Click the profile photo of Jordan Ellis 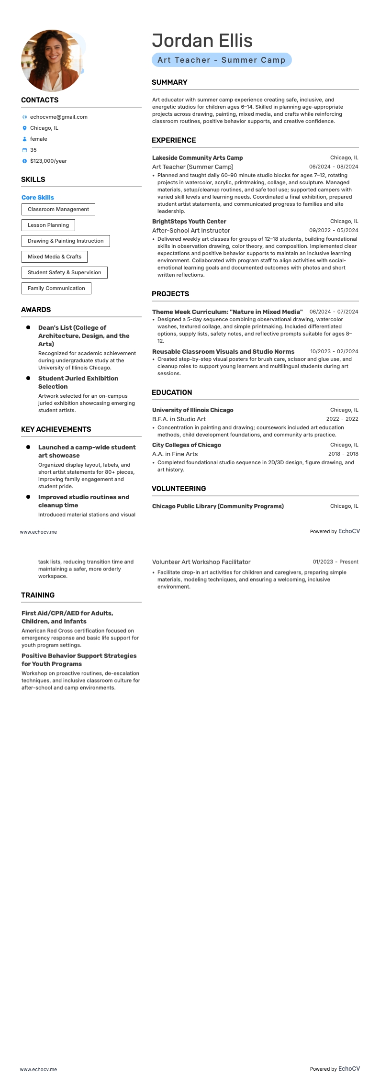pos(52,61)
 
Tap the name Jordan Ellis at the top pos(202,41)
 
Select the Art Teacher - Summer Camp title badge pos(222,60)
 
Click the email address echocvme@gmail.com pos(58,117)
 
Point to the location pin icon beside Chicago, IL pos(24,128)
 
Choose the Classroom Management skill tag pos(58,209)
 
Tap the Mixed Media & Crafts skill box pos(55,257)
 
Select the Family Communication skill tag pos(56,288)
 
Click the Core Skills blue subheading pos(38,197)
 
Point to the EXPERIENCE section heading pos(174,140)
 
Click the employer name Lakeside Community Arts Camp pos(197,158)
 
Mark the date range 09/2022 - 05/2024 pos(334,230)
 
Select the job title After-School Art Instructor pos(191,230)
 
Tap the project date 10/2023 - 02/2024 pos(334,351)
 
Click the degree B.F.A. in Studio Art pos(179,419)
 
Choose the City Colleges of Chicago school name pos(187,445)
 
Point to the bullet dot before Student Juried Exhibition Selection pos(28,378)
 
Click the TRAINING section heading pos(38,595)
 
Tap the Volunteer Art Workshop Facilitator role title pos(201,562)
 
